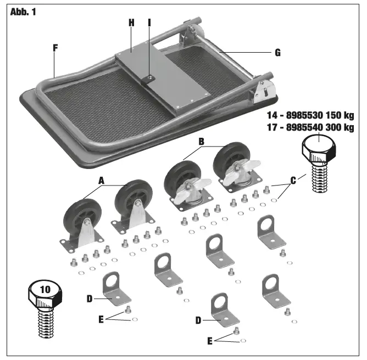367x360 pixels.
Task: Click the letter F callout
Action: (55, 48)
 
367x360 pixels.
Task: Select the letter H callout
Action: (131, 22)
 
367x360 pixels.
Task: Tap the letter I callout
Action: (149, 22)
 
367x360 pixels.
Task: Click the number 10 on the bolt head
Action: (46, 288)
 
